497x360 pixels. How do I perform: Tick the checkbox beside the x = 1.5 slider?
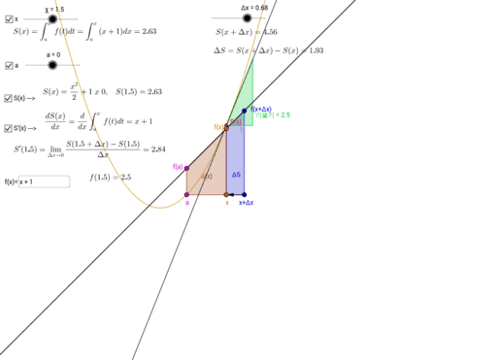(9, 18)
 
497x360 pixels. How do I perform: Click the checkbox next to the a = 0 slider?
(9, 65)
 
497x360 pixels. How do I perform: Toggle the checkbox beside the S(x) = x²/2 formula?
(9, 98)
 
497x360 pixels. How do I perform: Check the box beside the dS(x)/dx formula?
(9, 127)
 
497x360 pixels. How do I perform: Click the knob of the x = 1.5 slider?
(52, 18)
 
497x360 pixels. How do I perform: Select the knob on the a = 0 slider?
(52, 65)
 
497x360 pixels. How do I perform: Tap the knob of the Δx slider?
(247, 17)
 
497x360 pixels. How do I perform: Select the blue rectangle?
(236, 160)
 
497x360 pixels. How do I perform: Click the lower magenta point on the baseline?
(186, 195)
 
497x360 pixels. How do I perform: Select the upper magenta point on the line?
(185, 168)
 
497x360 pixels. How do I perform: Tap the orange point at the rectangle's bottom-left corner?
(226, 195)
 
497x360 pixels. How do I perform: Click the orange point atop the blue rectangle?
(226, 127)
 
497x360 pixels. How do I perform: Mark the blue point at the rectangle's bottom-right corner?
(245, 195)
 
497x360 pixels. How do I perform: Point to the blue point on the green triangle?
(245, 111)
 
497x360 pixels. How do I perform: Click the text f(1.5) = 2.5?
(110, 177)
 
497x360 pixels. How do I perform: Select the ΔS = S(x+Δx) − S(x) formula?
(269, 49)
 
